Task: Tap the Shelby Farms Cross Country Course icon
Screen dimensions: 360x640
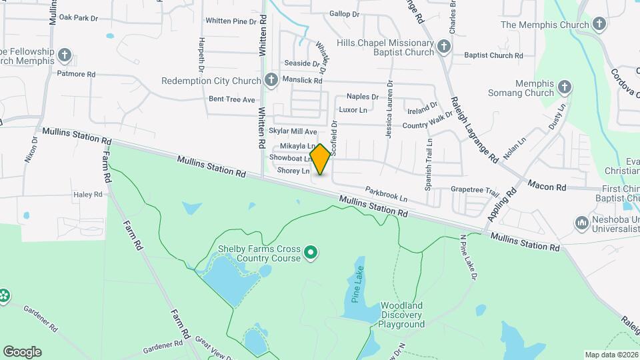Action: (310, 253)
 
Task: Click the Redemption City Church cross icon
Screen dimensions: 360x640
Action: (271, 81)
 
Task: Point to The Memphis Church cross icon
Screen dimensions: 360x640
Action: (599, 25)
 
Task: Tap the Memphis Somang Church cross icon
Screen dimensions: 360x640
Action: (565, 87)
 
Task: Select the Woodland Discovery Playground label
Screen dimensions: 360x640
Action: (402, 315)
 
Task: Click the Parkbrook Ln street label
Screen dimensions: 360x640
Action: (386, 195)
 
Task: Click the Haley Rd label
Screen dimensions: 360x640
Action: (88, 195)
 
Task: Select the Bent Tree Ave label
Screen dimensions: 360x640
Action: (232, 99)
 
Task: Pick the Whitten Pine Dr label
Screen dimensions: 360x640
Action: (231, 21)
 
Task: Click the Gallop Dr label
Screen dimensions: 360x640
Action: (344, 13)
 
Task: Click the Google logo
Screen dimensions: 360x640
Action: (22, 352)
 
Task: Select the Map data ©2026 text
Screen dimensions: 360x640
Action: (611, 355)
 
